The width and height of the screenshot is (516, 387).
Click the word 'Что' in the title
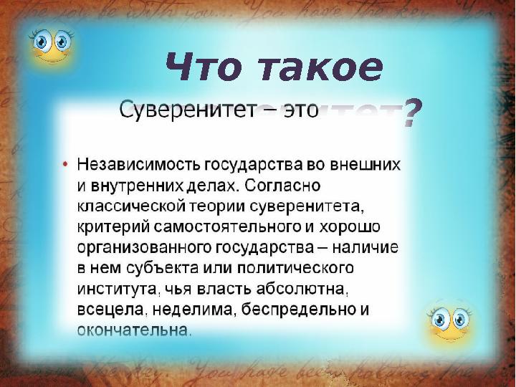[202, 68]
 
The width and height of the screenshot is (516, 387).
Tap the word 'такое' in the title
[316, 68]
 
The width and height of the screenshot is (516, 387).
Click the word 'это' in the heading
[292, 110]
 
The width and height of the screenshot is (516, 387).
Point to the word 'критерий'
[107, 227]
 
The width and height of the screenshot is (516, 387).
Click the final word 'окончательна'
[134, 331]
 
